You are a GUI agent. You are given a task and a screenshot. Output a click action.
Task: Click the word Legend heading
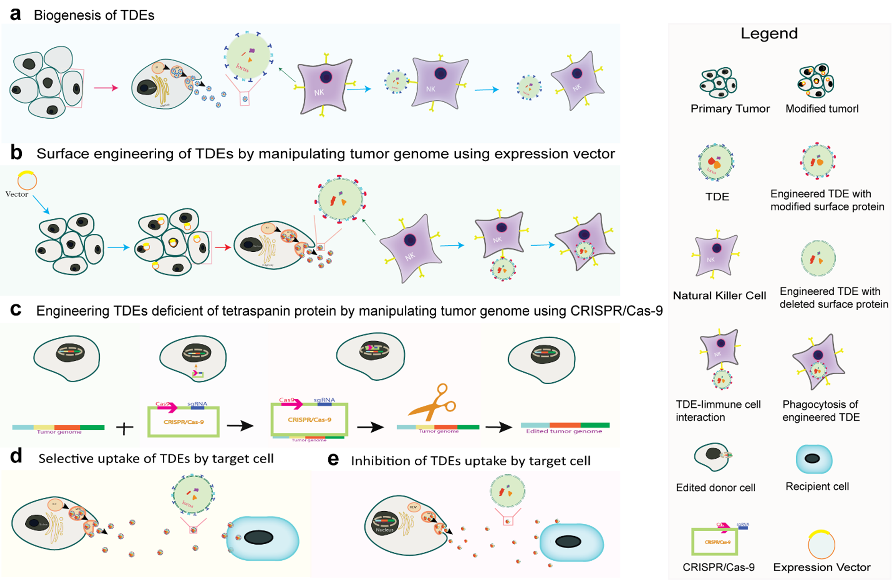(x=769, y=34)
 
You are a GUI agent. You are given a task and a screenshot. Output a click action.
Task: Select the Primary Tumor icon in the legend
(x=718, y=82)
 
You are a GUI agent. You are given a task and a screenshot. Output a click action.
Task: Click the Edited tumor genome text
(x=564, y=431)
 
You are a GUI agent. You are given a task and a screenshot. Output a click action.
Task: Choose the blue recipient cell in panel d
(x=262, y=538)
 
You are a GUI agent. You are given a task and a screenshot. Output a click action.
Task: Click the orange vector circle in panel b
(x=27, y=181)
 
